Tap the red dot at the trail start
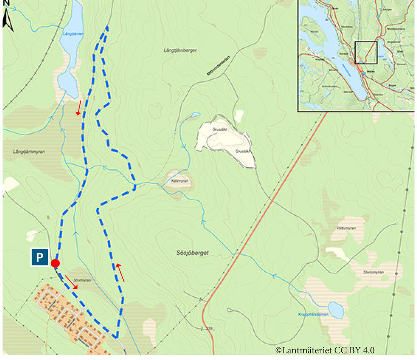click(x=55, y=263)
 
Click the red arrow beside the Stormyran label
click(x=71, y=282)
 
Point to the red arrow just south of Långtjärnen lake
click(x=79, y=107)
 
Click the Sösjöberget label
click(x=190, y=253)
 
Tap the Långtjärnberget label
click(x=180, y=50)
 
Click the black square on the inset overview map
click(x=366, y=53)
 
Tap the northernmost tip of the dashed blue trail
click(x=107, y=27)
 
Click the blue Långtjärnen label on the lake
click(x=72, y=34)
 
